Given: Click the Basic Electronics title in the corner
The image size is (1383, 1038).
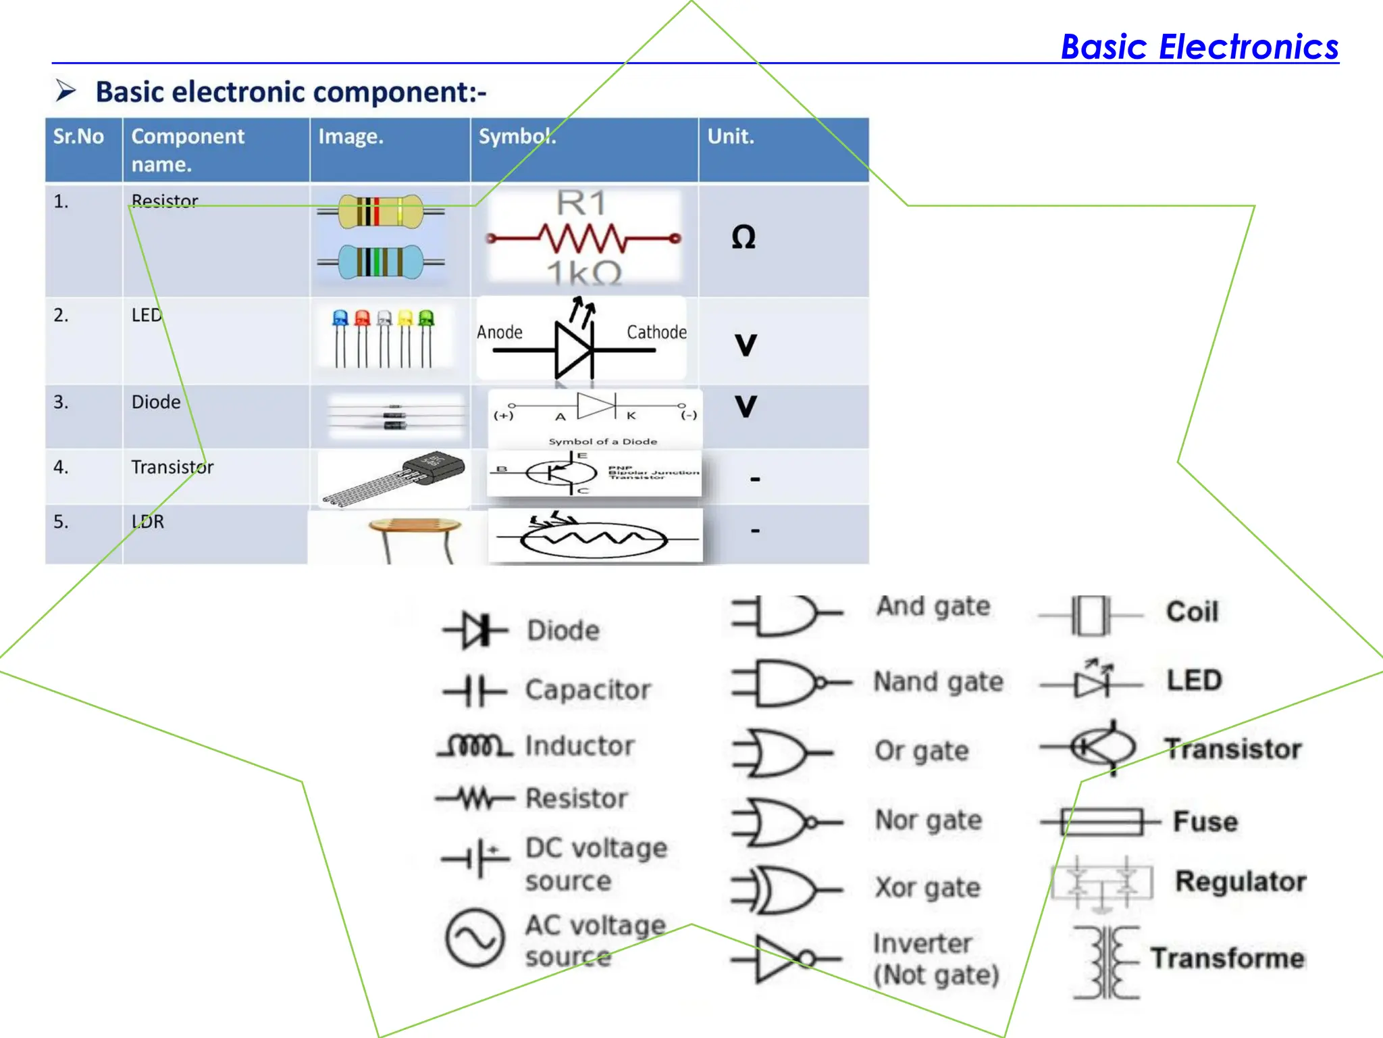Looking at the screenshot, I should (x=1199, y=47).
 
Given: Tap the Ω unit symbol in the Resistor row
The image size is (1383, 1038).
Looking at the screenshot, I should (x=743, y=237).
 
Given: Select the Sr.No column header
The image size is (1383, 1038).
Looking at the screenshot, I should (x=78, y=137).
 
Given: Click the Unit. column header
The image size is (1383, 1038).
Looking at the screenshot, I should (x=731, y=137).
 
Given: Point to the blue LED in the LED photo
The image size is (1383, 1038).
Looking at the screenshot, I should (x=340, y=318).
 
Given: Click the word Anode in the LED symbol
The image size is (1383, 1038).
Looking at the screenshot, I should (x=500, y=332).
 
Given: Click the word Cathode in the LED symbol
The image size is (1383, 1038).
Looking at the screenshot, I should (x=656, y=332).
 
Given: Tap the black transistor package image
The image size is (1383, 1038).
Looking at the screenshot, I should (x=432, y=468).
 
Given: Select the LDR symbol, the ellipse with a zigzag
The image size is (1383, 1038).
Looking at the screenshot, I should (x=594, y=539).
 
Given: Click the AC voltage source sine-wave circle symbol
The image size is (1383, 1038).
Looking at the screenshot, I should (x=475, y=938).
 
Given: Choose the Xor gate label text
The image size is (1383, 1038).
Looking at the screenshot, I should (x=927, y=887).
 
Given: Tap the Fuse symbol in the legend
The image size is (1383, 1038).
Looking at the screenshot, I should (x=1101, y=822).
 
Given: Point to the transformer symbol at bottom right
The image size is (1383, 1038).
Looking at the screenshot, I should (x=1105, y=962).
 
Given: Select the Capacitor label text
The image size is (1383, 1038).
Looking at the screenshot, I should (x=588, y=690).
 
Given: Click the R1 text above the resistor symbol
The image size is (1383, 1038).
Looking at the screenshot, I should (x=581, y=203).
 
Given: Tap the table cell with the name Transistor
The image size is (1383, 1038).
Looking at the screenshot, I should (x=172, y=467).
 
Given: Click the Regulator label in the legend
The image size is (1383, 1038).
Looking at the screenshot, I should (x=1241, y=881).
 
